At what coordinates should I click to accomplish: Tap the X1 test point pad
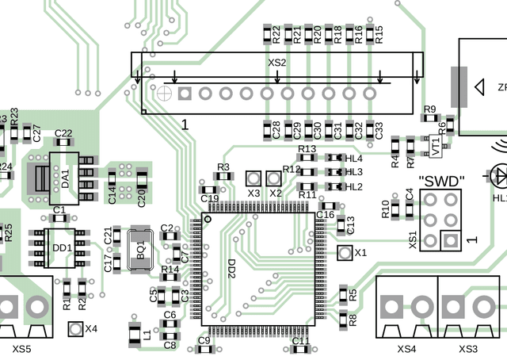345,253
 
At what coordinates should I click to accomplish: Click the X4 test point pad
76,328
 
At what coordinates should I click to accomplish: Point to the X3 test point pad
254,178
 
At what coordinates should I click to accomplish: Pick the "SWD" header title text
440,181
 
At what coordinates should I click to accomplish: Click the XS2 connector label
277,62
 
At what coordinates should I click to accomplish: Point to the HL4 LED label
353,159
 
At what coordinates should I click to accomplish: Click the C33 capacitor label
379,129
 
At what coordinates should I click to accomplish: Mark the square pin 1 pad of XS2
185,94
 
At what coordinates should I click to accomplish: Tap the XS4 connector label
406,349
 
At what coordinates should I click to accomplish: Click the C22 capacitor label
63,133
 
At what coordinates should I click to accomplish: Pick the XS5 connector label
23,349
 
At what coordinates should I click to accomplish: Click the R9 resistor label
430,109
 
